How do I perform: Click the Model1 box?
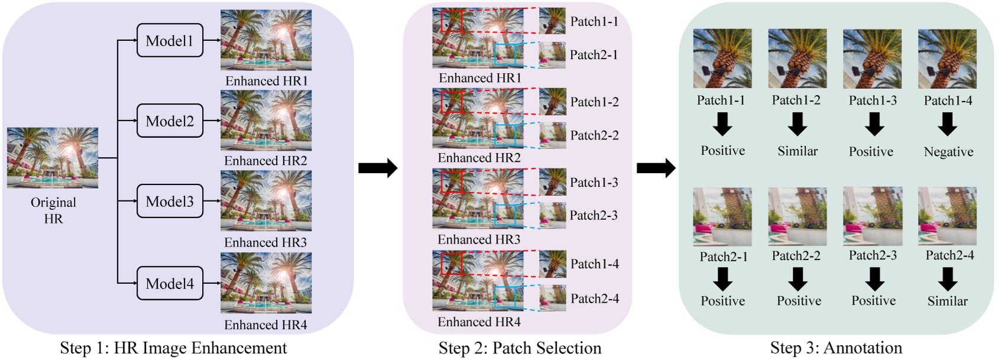(170, 41)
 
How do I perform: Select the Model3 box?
(170, 202)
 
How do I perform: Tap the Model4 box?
(170, 284)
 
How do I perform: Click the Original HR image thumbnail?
(53, 158)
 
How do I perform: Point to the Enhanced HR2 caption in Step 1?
(265, 161)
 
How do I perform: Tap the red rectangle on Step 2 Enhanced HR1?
(452, 21)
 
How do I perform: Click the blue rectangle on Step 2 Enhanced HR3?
(505, 215)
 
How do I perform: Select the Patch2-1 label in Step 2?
(593, 55)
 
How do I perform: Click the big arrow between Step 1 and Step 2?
(378, 168)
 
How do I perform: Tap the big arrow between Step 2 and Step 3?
(656, 168)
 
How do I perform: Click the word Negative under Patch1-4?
(948, 152)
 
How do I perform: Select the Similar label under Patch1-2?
(797, 151)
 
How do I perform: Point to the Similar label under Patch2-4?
(947, 301)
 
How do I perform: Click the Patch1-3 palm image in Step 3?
(872, 59)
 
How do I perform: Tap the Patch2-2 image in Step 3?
(797, 216)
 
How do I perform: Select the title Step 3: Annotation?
(836, 348)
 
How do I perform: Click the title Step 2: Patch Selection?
(520, 348)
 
